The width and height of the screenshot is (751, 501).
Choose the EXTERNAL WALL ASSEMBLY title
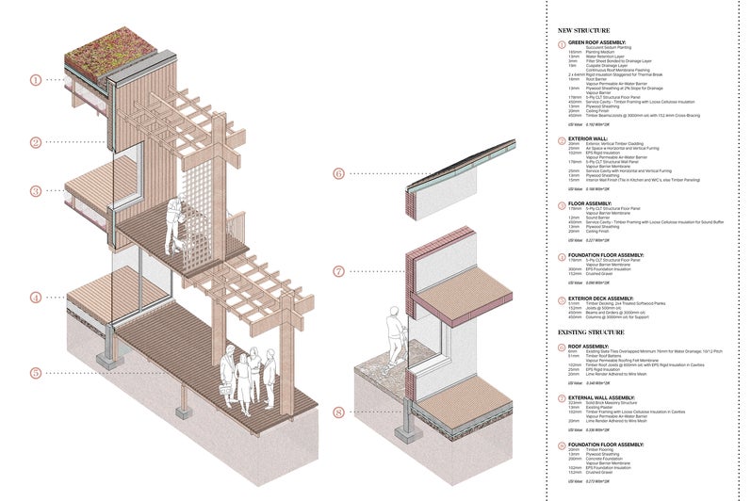click(604, 398)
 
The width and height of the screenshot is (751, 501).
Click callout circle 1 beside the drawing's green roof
click(36, 80)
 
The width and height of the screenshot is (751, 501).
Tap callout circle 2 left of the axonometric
click(36, 142)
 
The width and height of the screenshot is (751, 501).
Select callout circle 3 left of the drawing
click(36, 191)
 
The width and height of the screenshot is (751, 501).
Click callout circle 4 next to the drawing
click(36, 298)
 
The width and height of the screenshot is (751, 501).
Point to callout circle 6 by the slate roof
click(338, 173)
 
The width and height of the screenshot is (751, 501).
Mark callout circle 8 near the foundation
click(338, 412)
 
